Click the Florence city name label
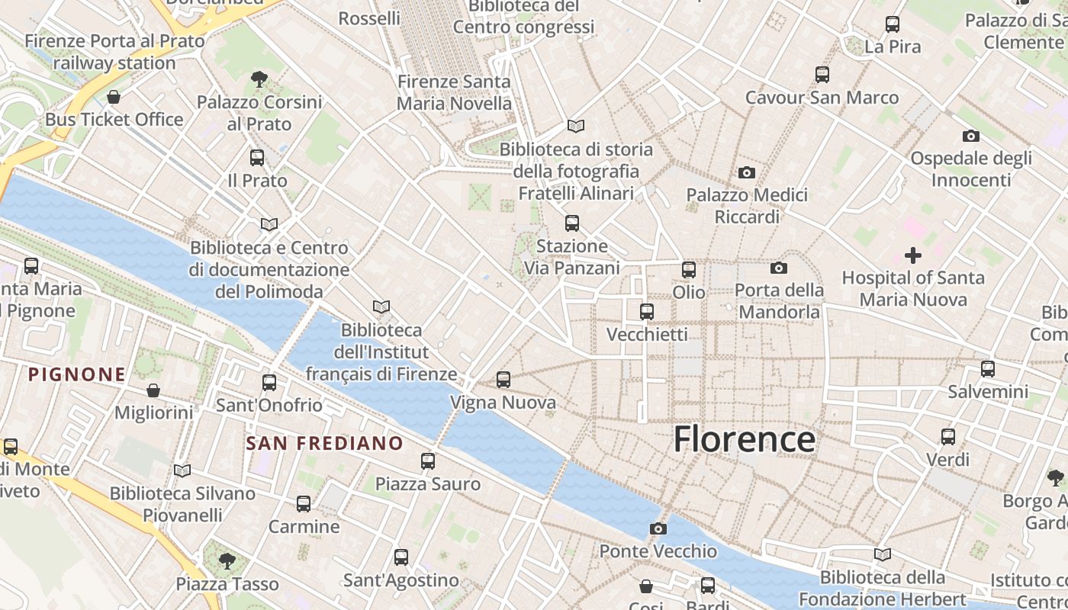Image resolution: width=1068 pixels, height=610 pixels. click(745, 440)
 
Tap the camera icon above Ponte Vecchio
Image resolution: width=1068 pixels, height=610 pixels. click(658, 528)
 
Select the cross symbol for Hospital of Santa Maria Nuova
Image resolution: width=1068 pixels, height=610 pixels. click(912, 255)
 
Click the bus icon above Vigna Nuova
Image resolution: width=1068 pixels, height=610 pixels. click(503, 379)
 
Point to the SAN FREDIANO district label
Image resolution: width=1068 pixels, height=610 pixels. click(324, 443)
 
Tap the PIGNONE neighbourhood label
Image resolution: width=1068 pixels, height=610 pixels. click(77, 374)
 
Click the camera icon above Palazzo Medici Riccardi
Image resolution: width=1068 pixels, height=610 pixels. click(747, 172)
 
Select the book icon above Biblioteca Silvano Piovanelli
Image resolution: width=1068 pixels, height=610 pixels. click(182, 470)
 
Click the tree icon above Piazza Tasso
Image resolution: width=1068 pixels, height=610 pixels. click(227, 561)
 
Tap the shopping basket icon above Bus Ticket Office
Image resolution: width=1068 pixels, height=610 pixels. click(114, 97)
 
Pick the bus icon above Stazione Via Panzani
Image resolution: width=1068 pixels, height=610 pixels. click(571, 223)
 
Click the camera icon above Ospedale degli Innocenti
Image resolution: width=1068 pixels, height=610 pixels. click(970, 136)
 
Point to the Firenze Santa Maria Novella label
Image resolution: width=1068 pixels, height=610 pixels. click(454, 92)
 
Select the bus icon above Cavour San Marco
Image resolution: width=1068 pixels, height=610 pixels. click(822, 75)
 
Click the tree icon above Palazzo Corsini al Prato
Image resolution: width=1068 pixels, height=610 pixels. click(259, 79)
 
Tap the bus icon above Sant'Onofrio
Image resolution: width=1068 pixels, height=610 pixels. click(269, 382)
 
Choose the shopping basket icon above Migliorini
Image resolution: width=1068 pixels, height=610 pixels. click(153, 390)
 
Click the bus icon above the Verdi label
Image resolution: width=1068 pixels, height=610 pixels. click(947, 437)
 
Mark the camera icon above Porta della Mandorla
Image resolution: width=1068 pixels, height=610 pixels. click(778, 268)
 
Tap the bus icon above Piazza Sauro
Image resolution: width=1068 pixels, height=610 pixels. click(428, 461)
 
